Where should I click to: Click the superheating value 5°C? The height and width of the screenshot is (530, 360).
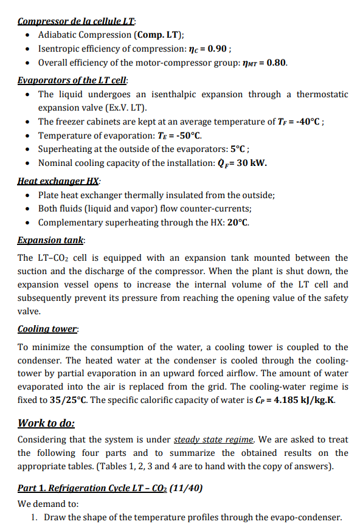(238, 150)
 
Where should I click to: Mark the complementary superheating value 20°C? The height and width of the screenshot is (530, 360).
(237, 222)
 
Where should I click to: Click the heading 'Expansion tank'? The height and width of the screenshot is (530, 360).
(51, 240)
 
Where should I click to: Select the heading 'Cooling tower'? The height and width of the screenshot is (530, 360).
(48, 329)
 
